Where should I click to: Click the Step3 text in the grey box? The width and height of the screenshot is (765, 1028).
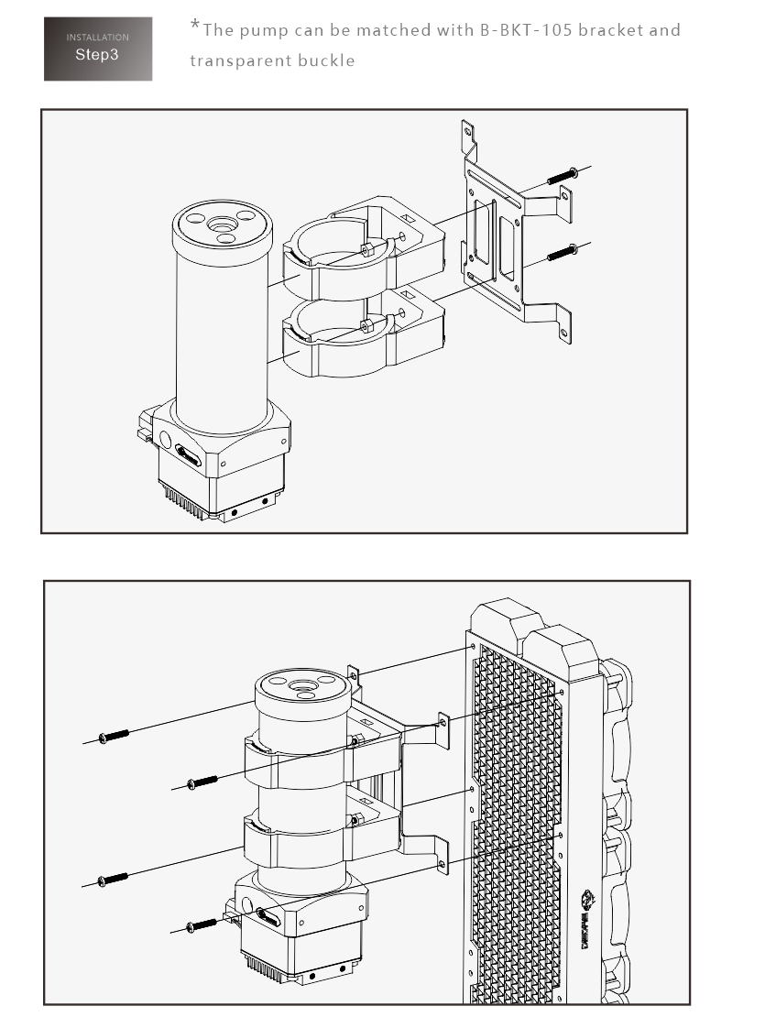(97, 54)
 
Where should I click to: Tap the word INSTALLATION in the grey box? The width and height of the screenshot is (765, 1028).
(98, 38)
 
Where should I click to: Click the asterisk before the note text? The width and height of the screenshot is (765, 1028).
(195, 25)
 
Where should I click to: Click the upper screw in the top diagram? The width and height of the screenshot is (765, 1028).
(563, 176)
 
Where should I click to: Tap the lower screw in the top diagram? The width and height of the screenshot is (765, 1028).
(563, 252)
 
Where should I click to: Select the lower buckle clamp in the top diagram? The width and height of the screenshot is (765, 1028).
(364, 334)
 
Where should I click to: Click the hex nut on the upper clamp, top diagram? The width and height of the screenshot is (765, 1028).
(367, 249)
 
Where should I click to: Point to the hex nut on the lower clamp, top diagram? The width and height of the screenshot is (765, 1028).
(367, 325)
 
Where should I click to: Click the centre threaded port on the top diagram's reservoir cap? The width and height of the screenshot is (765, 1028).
(224, 224)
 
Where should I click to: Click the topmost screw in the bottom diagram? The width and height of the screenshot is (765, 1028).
(114, 737)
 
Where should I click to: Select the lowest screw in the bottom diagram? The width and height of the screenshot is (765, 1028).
(202, 925)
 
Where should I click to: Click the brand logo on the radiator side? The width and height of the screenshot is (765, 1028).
(585, 919)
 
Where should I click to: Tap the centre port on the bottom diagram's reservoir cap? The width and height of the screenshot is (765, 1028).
(303, 686)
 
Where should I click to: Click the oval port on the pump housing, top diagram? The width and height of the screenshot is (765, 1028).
(188, 455)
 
